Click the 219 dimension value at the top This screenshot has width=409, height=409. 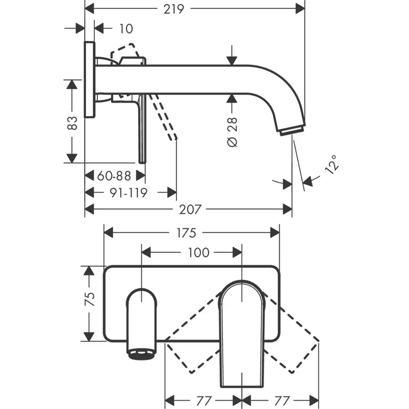point(174,9)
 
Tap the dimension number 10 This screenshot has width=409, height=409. point(126,29)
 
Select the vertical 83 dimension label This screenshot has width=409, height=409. point(72,123)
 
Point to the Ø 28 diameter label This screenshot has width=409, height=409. point(232,132)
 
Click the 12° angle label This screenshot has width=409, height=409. point(332,164)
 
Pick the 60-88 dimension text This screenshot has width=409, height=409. point(114,176)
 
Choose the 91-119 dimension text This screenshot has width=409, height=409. point(128,193)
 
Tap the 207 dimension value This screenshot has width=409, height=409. point(190,209)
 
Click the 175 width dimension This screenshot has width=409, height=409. point(186,233)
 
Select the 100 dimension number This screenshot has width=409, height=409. point(199,253)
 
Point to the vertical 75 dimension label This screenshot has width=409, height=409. point(89,299)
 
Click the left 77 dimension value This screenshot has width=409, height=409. point(204,401)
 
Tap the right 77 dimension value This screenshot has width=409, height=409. point(282,401)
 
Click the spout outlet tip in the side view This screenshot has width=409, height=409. point(292,130)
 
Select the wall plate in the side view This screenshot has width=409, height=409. point(90,79)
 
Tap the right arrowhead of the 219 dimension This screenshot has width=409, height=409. point(300,9)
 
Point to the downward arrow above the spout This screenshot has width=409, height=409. point(231,55)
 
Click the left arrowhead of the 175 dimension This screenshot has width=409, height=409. point(108,233)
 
